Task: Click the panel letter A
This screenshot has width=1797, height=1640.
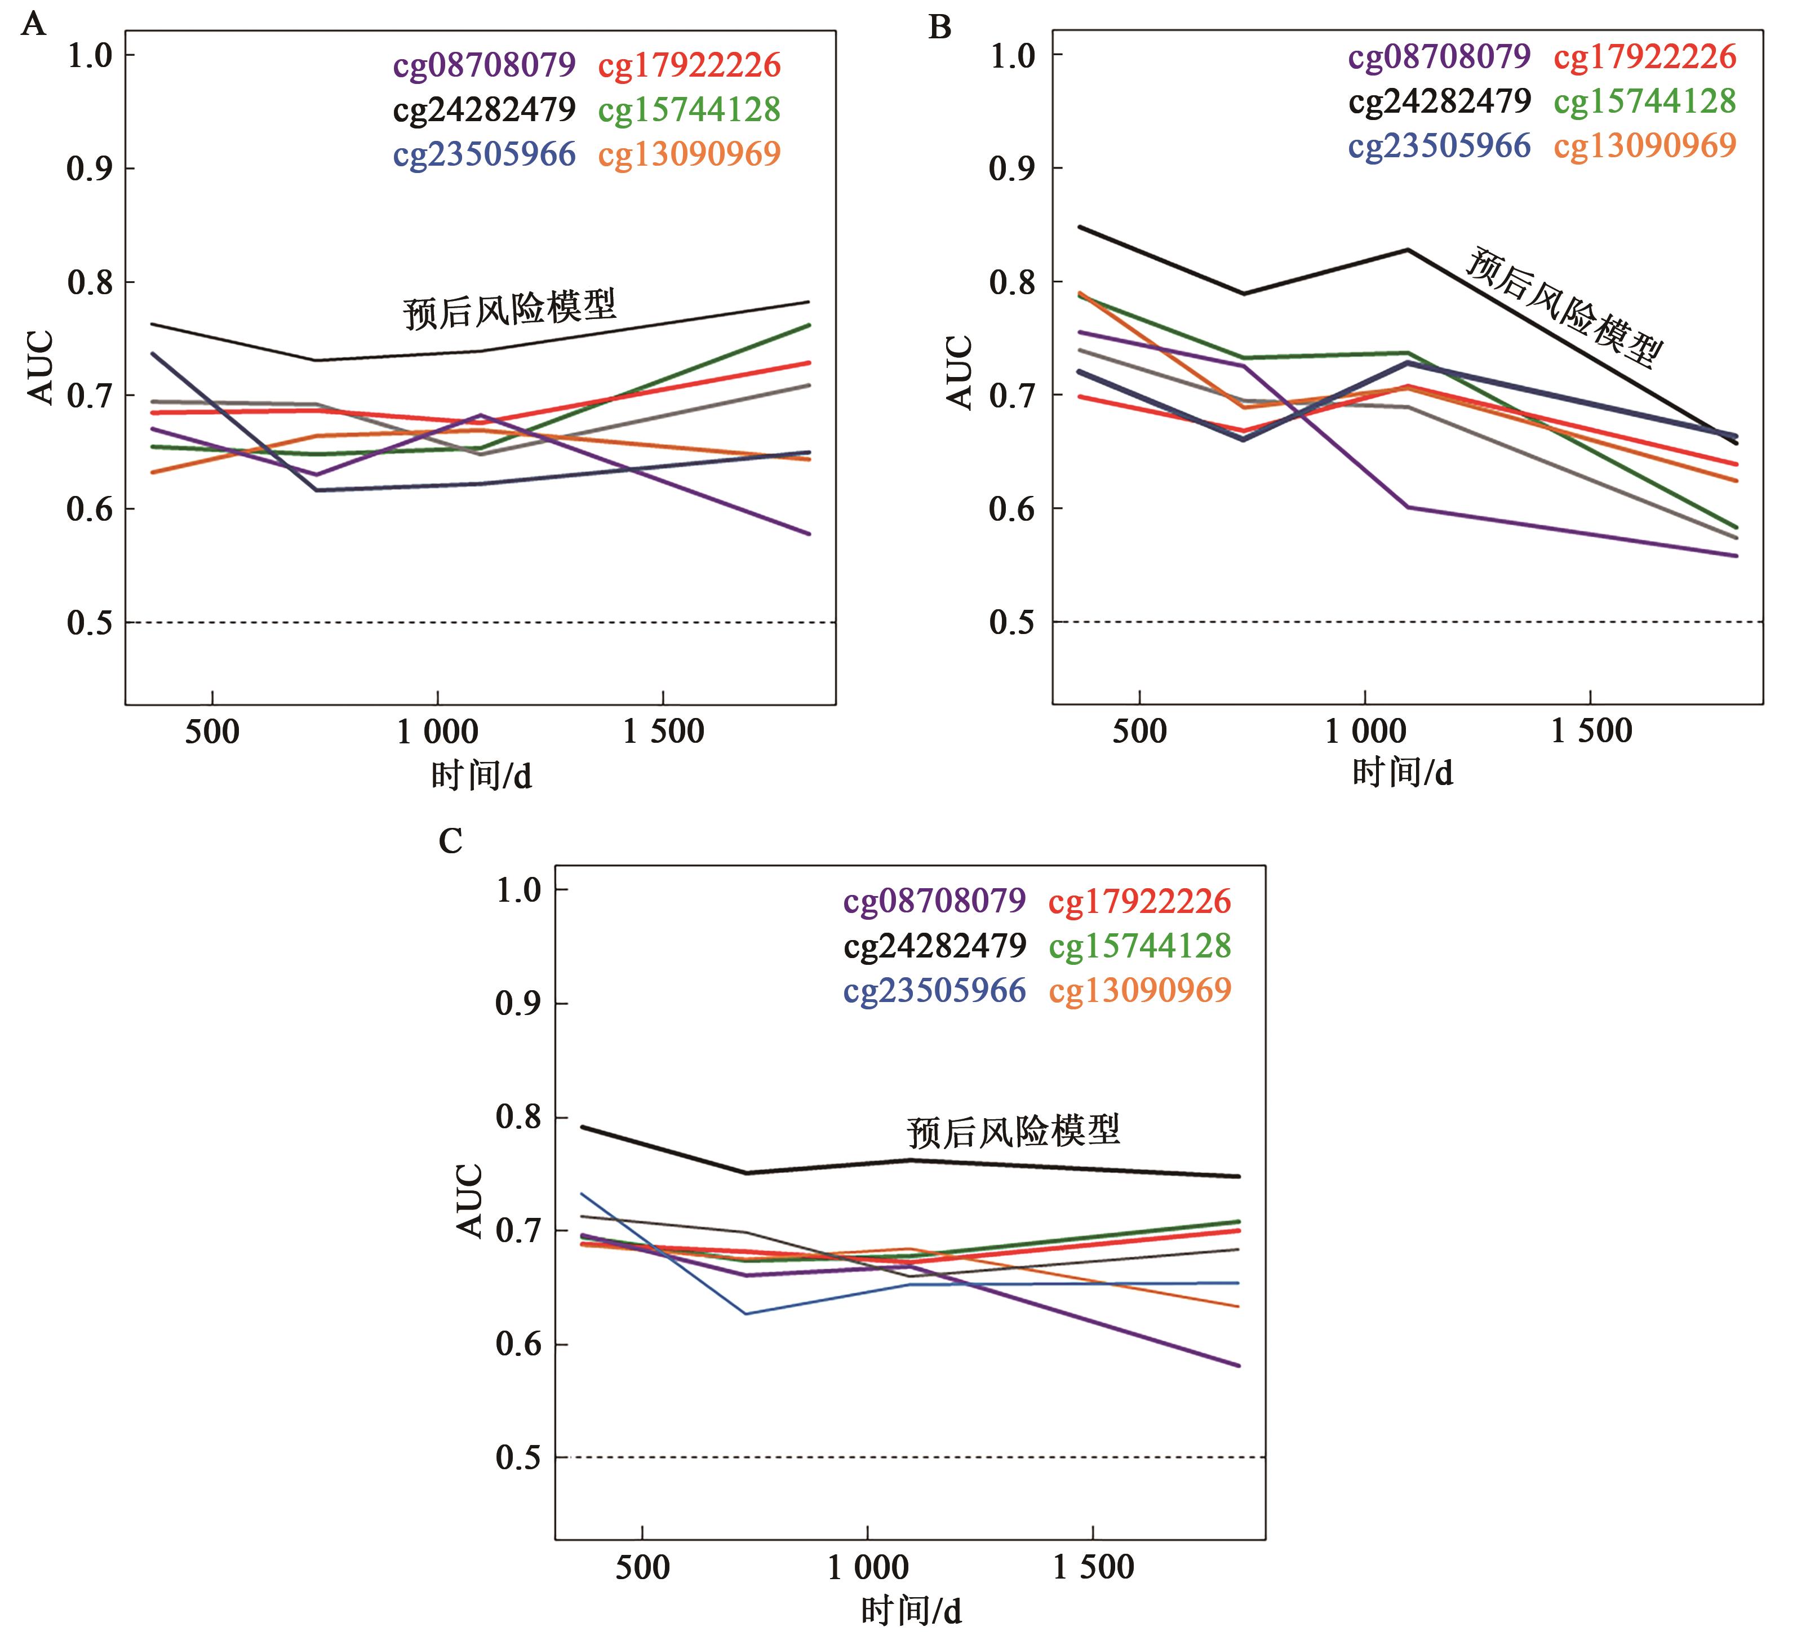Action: click(x=33, y=24)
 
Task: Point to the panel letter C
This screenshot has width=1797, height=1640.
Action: click(x=450, y=840)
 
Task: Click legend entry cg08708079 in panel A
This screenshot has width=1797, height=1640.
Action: click(x=484, y=65)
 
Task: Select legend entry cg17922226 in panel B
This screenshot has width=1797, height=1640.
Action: click(x=1645, y=56)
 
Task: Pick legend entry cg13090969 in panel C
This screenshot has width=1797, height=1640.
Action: click(x=1140, y=989)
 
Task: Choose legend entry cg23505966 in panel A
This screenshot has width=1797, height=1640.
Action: click(x=484, y=154)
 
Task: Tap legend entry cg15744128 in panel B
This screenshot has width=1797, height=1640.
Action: click(x=1645, y=101)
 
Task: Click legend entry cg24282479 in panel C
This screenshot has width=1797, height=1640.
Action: click(x=935, y=945)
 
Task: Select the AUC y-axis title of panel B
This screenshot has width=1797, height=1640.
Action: click(x=960, y=373)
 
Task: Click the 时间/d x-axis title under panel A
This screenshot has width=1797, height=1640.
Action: click(x=481, y=775)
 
